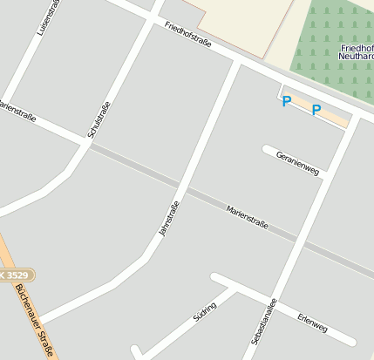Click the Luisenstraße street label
pos(46,17)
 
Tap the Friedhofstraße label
pos(188,40)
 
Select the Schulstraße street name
pos(99,120)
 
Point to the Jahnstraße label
pos(168,220)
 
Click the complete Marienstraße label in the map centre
pos(247,218)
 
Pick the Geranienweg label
pos(298,162)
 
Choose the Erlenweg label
pos(312,323)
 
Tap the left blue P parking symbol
pos(286,102)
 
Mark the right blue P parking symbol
pos(316,111)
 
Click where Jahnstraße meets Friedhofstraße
pos(237,63)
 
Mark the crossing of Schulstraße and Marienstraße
pos(87,143)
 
